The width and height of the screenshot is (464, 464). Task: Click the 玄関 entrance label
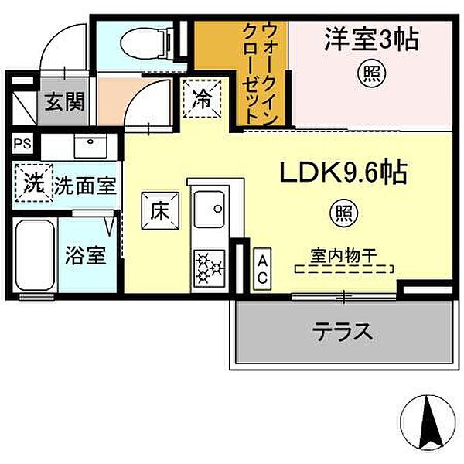(x=64, y=101)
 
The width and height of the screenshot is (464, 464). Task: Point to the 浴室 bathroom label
(x=86, y=256)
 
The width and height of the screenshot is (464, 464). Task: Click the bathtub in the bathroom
(x=34, y=255)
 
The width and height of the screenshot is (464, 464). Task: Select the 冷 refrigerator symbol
(x=201, y=98)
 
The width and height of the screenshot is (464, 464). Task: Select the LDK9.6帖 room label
(x=343, y=172)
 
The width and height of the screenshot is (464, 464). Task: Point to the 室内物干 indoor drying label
(x=344, y=254)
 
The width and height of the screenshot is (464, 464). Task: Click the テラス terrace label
(x=343, y=333)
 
